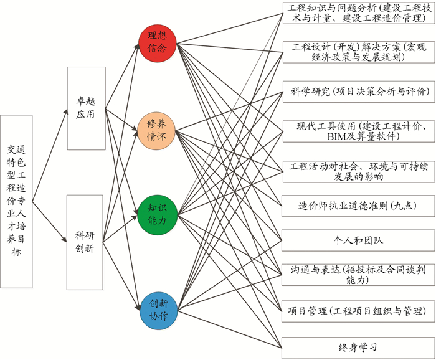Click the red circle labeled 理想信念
157,43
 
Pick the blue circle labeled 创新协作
157,310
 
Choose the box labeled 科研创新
85,242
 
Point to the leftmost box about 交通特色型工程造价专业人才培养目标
16,201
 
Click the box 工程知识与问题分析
358,14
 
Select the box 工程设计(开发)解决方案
358,52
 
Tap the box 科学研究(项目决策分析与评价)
358,92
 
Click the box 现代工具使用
358,131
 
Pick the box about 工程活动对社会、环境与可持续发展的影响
358,171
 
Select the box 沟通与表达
358,275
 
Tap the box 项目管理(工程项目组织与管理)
358,310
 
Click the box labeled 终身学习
358,347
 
